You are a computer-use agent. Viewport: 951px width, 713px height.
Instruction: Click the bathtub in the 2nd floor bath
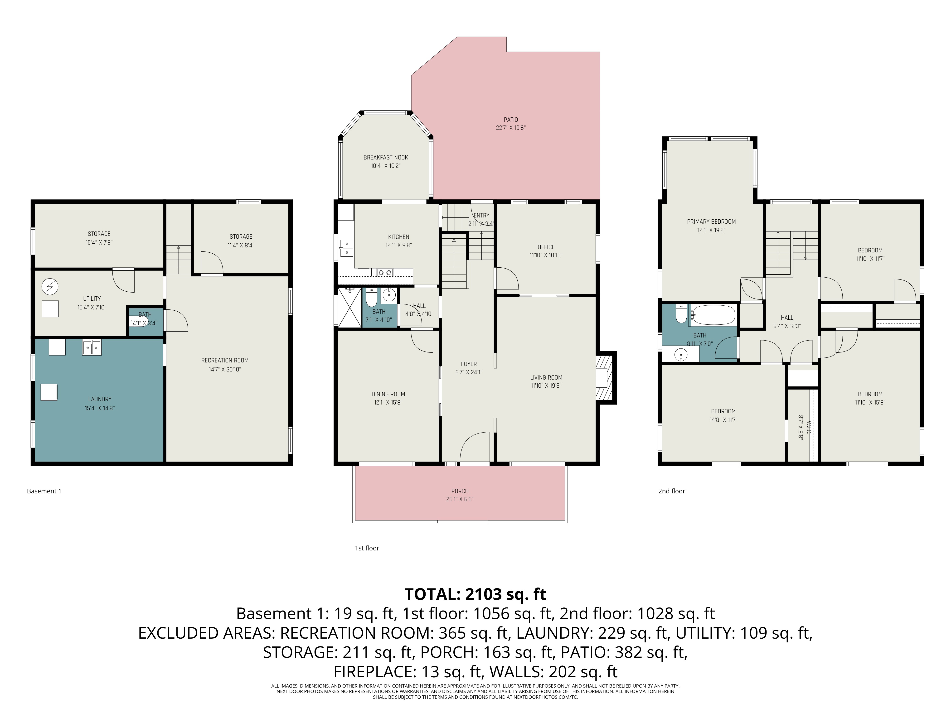[x=714, y=315]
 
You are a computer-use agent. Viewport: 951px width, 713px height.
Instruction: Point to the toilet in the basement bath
[x=138, y=322]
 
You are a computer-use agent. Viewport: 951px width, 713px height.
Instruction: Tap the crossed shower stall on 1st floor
[x=349, y=308]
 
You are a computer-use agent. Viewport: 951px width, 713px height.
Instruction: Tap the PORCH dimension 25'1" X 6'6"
[x=460, y=499]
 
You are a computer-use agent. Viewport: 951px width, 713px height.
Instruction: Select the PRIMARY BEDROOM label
[x=711, y=221]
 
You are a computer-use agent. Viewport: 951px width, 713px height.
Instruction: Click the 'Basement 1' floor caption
[x=44, y=491]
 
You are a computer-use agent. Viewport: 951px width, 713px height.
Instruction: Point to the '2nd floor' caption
[x=671, y=491]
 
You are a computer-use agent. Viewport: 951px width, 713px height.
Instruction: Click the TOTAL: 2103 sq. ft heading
[x=475, y=594]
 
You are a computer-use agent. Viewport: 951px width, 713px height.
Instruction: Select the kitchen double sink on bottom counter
[x=384, y=272]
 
